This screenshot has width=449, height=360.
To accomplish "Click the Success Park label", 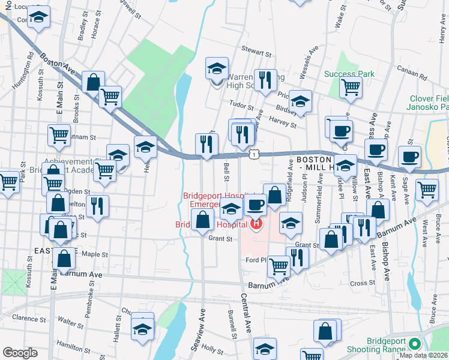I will pos(349,74).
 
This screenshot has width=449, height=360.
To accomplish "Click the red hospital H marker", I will pos(256,225).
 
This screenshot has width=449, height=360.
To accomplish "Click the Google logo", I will pos(20,353).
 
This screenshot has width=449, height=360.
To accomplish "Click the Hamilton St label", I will pos(70,344).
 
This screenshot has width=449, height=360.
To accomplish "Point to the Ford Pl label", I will pos(256,260).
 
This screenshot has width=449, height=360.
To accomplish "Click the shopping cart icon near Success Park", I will pos(351,87).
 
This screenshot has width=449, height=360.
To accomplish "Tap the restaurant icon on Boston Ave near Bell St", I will pos(205,144).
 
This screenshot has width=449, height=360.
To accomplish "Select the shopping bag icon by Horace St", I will pos(94,82).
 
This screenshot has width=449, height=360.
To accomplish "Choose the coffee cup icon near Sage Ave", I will pos(410,157).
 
